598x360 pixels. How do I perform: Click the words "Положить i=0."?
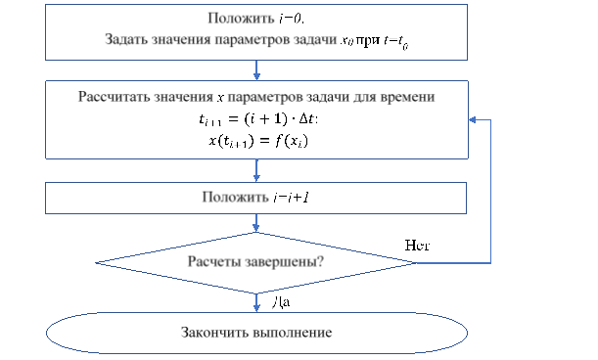[256, 19]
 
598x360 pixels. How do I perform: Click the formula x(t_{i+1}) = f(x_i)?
[256, 140]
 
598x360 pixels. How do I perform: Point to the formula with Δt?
[256, 119]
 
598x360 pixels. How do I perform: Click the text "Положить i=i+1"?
[256, 197]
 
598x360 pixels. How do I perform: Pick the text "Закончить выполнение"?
[256, 333]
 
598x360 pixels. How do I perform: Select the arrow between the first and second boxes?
[256, 70]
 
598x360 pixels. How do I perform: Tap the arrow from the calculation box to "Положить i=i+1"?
[256, 171]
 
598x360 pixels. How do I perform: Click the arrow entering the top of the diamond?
[256, 223]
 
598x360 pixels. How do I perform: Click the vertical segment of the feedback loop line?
[490, 191]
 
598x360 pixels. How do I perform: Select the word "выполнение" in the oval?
[291, 333]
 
